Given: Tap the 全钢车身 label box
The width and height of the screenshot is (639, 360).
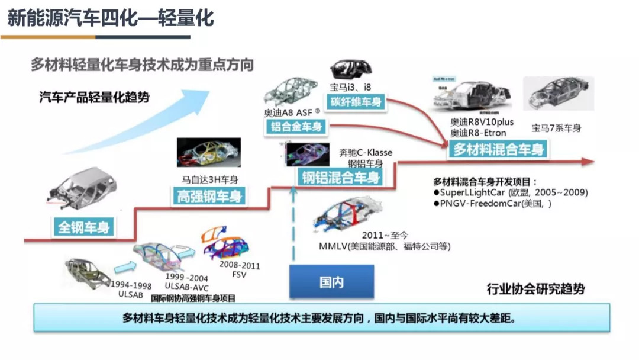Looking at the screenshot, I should pyautogui.click(x=83, y=227).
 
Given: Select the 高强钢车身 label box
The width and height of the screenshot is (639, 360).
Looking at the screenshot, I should pyautogui.click(x=210, y=197).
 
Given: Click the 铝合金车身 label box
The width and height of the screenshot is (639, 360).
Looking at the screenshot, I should pyautogui.click(x=296, y=126).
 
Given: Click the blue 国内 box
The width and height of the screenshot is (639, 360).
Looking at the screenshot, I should pyautogui.click(x=331, y=282).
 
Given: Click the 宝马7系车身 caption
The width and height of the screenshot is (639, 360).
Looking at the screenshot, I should pyautogui.click(x=556, y=128).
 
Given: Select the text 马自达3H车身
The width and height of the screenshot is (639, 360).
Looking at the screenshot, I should pyautogui.click(x=209, y=179).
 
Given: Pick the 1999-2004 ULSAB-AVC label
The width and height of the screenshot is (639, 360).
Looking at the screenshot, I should pyautogui.click(x=186, y=283).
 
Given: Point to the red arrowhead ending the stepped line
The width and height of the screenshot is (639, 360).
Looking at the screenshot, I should pyautogui.click(x=587, y=161).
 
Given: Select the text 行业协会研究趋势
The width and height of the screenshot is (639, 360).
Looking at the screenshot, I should pyautogui.click(x=535, y=289).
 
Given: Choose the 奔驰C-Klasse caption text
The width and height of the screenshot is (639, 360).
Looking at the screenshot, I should pyautogui.click(x=365, y=153).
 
